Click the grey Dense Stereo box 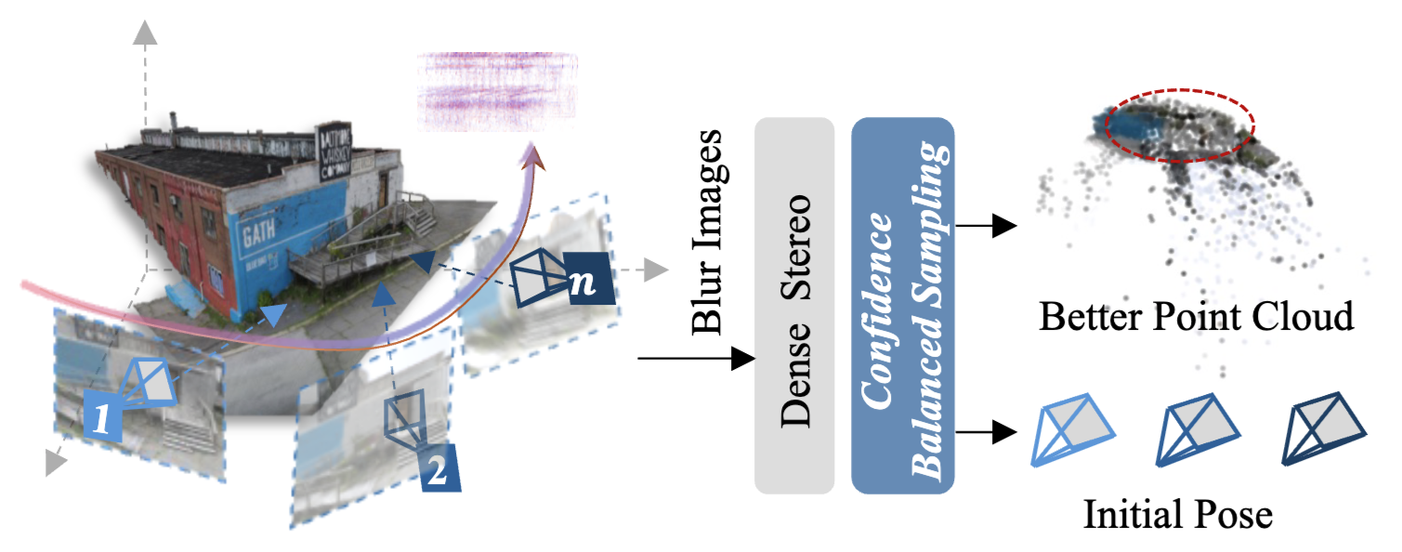pos(794,305)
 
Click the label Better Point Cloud pos(1196,318)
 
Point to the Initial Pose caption pos(1177,514)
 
